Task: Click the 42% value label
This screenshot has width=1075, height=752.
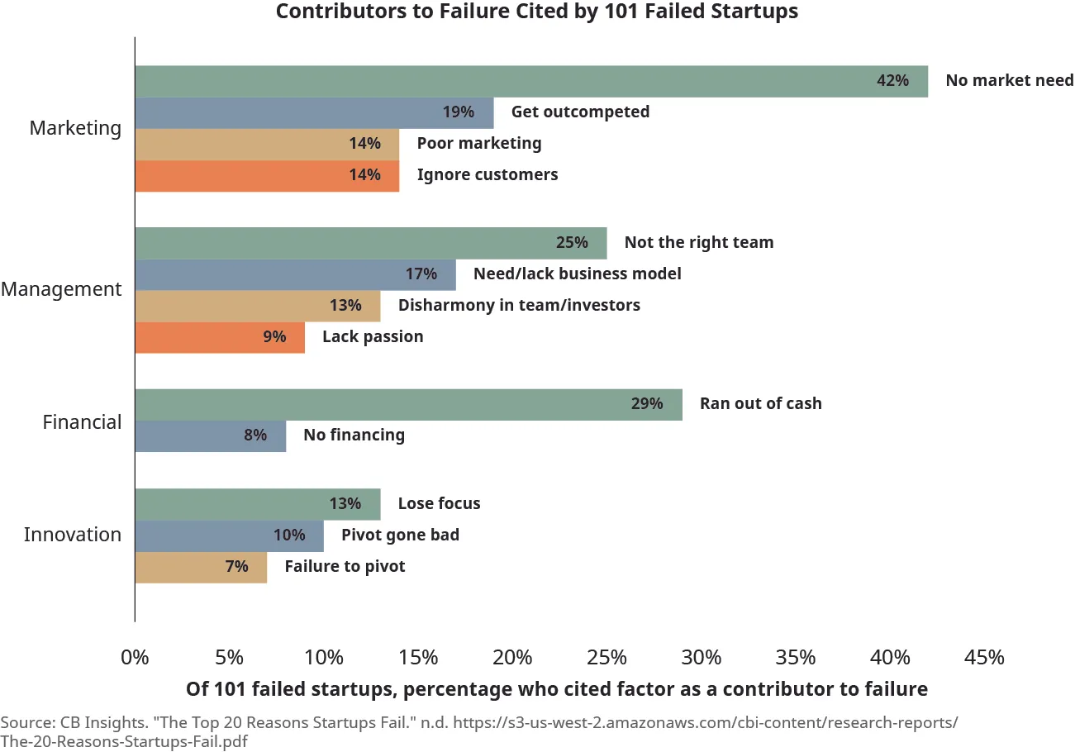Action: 892,81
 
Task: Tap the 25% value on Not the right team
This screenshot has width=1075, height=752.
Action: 572,243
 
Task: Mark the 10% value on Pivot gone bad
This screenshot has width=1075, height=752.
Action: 289,535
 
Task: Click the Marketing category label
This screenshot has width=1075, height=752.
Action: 75,128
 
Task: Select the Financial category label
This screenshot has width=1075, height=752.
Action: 82,422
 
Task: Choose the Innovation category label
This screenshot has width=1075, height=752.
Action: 73,535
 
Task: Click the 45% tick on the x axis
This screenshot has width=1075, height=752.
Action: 984,658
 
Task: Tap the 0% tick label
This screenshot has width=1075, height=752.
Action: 135,658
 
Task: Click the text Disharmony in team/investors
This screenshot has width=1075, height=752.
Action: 519,306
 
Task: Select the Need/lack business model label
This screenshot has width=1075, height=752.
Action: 577,274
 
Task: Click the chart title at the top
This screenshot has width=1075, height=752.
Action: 537,12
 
